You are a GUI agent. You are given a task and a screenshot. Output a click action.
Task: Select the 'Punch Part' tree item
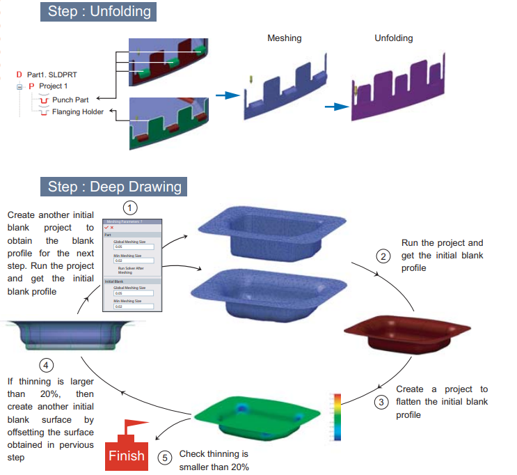click(x=70, y=100)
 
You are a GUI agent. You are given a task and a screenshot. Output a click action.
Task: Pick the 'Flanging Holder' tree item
click(x=78, y=111)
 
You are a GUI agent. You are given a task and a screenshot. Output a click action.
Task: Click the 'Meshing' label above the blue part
click(x=284, y=38)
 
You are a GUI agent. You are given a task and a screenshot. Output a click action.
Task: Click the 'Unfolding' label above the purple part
click(x=393, y=38)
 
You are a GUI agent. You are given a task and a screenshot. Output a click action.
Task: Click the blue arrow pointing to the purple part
click(x=336, y=107)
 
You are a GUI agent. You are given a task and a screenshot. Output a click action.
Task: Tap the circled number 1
click(x=130, y=208)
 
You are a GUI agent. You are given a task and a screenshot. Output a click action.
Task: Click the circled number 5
click(x=164, y=457)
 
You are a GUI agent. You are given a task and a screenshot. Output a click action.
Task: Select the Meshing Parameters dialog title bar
click(x=132, y=221)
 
